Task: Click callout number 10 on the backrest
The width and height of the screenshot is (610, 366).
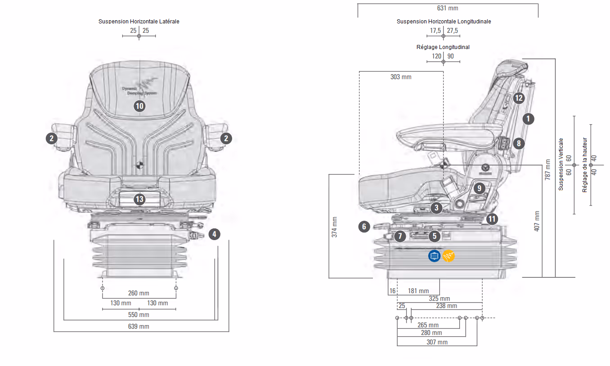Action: pyautogui.click(x=139, y=106)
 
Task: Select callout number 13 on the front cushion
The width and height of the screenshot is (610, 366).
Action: pyautogui.click(x=139, y=199)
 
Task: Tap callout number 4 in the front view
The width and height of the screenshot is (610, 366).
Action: pyautogui.click(x=215, y=234)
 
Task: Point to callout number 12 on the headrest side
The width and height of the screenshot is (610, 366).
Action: pyautogui.click(x=518, y=98)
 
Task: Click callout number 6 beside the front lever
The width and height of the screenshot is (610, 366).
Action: pyautogui.click(x=364, y=227)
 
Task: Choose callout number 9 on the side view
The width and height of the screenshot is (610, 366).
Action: pyautogui.click(x=479, y=188)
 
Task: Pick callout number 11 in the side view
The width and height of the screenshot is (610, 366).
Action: pyautogui.click(x=492, y=219)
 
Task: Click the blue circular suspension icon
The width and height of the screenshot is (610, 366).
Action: pyautogui.click(x=434, y=256)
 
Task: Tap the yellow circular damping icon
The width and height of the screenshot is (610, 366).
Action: pyautogui.click(x=449, y=256)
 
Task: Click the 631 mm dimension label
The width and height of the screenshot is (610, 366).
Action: pyautogui.click(x=448, y=8)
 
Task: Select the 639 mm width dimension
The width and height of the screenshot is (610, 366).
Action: pyautogui.click(x=139, y=326)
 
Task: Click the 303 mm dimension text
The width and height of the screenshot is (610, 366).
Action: pyautogui.click(x=401, y=77)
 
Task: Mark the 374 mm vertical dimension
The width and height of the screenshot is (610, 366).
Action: pyautogui.click(x=334, y=227)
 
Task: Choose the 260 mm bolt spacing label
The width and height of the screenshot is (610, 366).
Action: pyautogui.click(x=139, y=294)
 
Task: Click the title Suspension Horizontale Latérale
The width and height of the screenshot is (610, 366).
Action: pyautogui.click(x=139, y=21)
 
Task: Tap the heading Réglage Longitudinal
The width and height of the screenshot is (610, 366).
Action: pyautogui.click(x=443, y=47)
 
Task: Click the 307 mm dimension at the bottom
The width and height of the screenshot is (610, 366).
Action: pyautogui.click(x=436, y=342)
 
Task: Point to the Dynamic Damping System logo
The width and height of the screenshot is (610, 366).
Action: pyautogui.click(x=139, y=88)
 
